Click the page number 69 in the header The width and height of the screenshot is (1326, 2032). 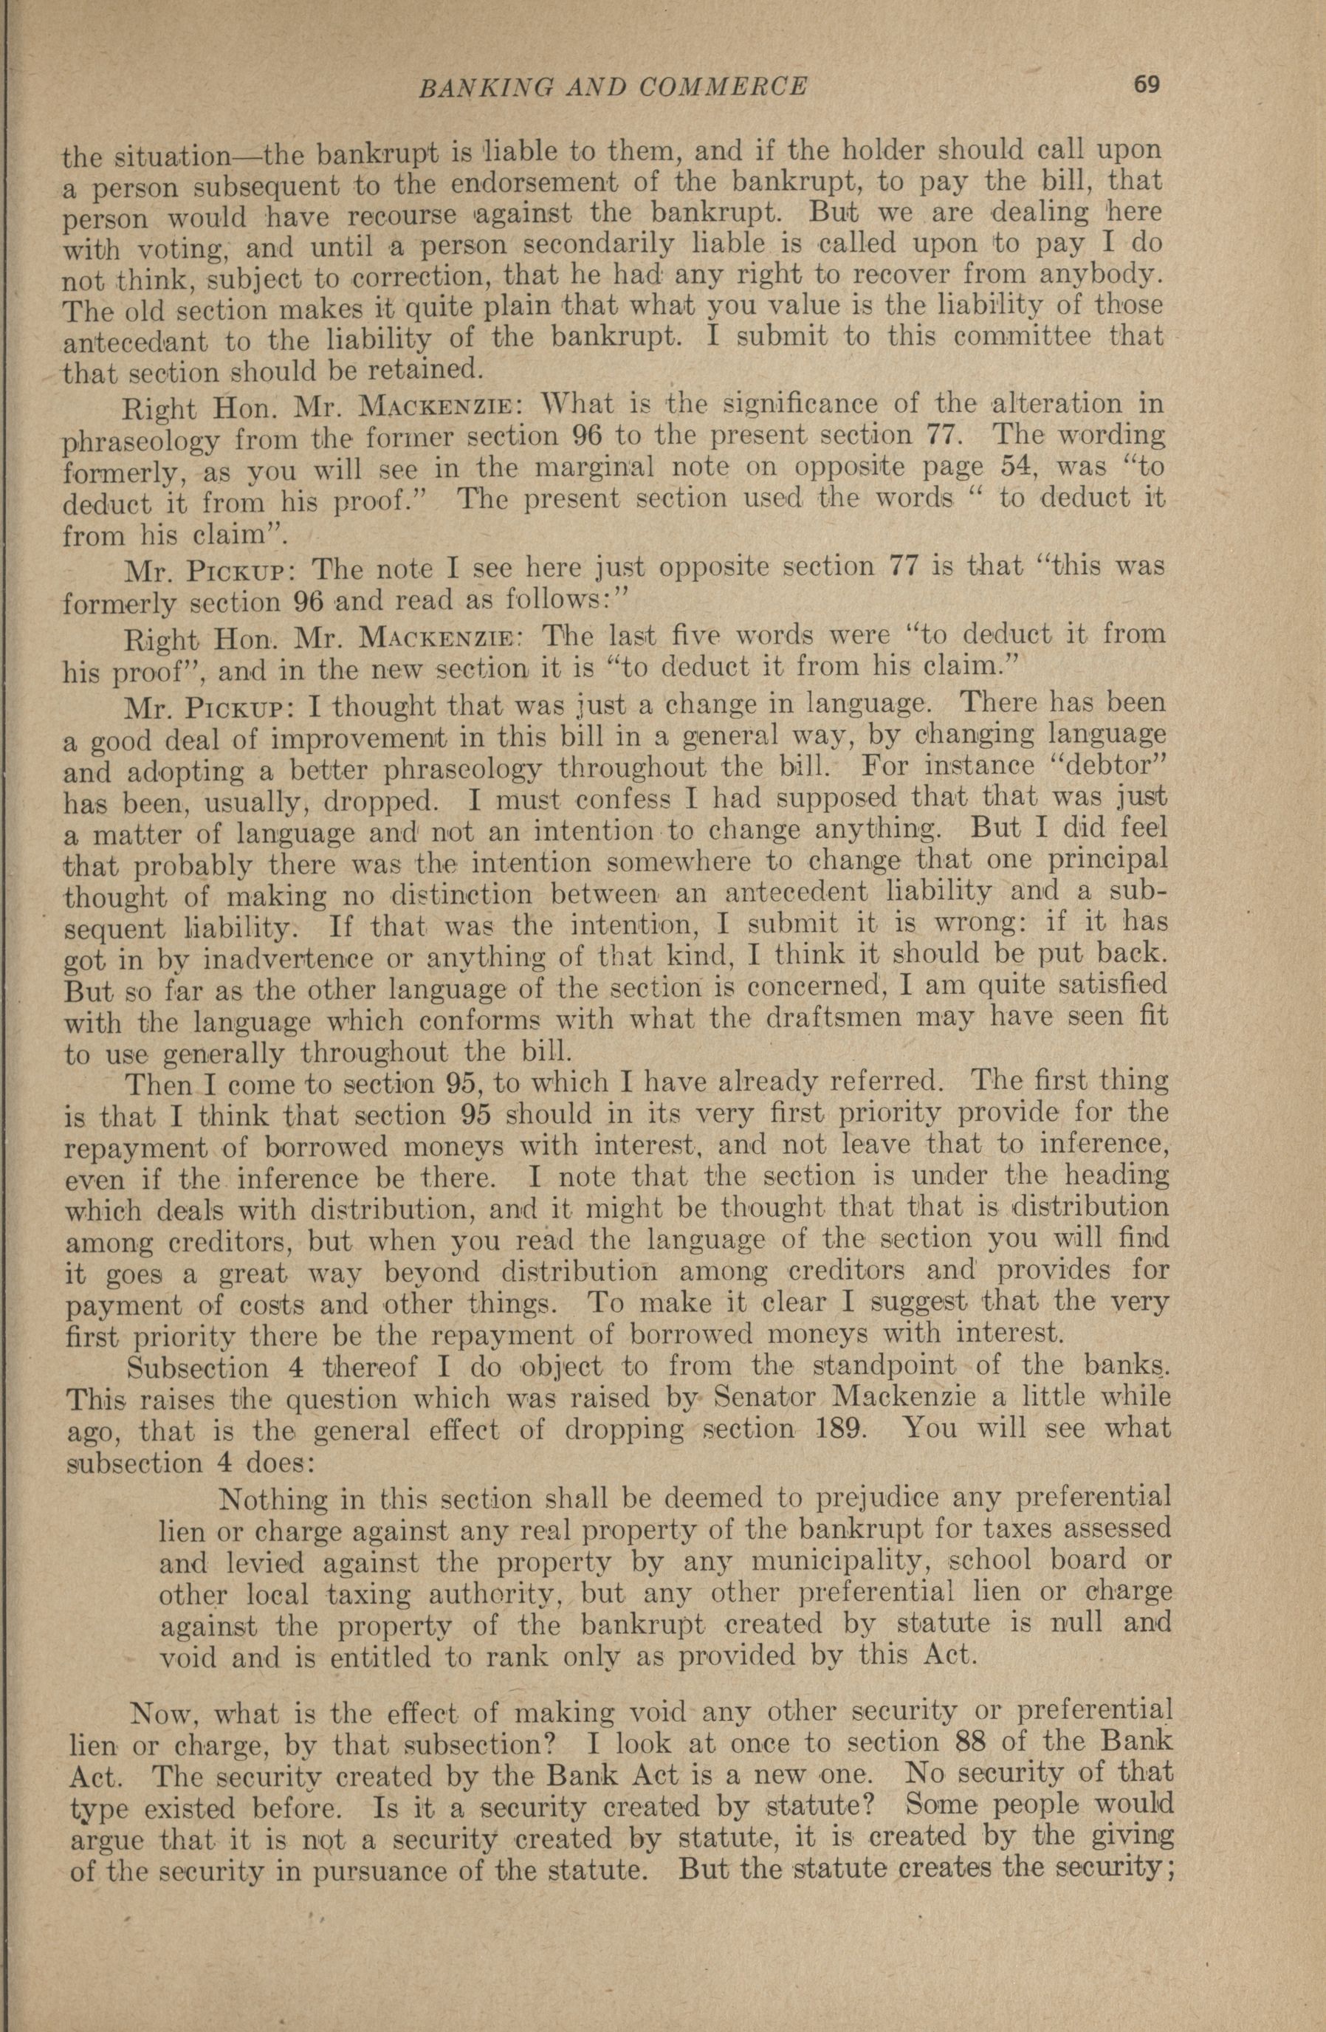(1146, 83)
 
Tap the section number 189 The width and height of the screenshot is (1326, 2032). (844, 1429)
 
